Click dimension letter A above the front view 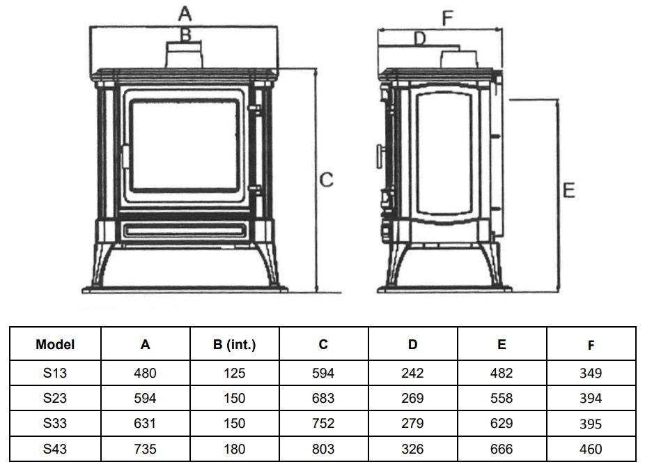(x=185, y=13)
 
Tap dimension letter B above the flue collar (x=185, y=33)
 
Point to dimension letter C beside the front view (x=326, y=180)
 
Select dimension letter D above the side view (x=419, y=38)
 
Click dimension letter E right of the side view (x=568, y=190)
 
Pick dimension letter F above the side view (x=447, y=18)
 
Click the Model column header (x=55, y=344)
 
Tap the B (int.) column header (x=234, y=344)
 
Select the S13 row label (x=55, y=373)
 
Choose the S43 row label (x=55, y=449)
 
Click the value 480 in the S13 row (x=145, y=373)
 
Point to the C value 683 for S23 (x=323, y=399)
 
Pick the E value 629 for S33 (x=502, y=424)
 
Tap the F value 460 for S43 (x=591, y=449)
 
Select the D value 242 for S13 (x=412, y=373)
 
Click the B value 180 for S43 (x=234, y=449)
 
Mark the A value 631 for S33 (x=145, y=424)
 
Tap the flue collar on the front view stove (x=185, y=56)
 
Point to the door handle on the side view (x=380, y=156)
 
